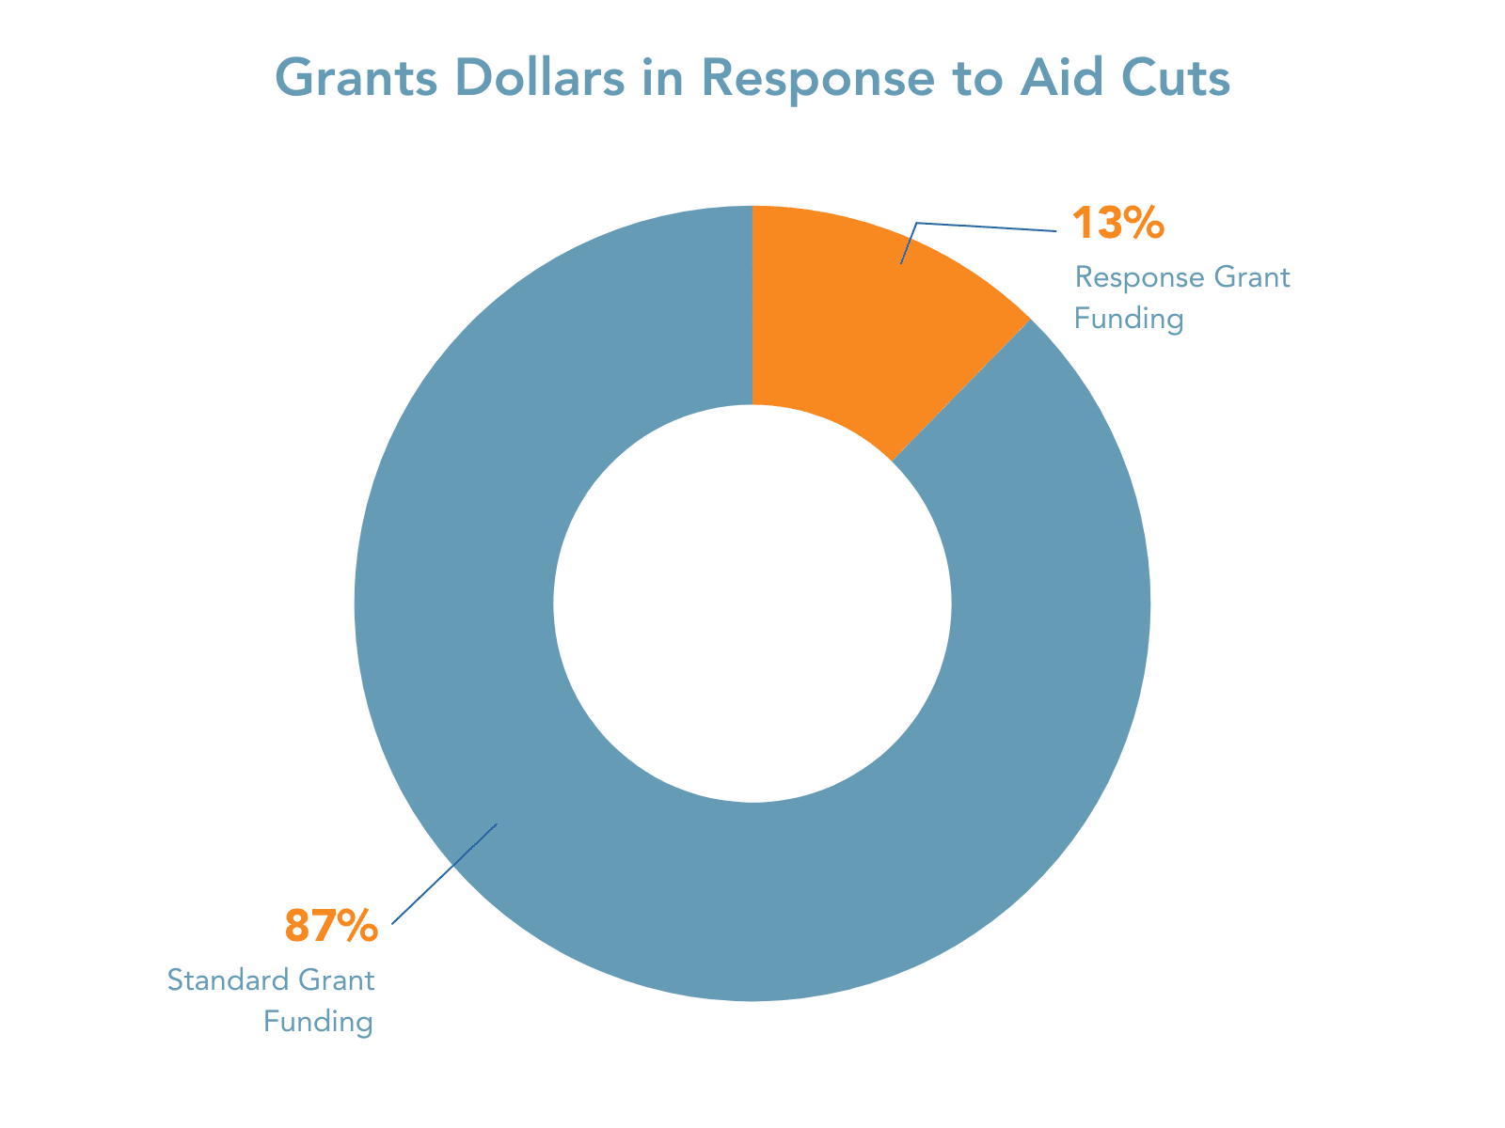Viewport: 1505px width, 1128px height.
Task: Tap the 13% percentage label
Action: [x=1118, y=224]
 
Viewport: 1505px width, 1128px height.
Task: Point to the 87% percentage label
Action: [x=331, y=926]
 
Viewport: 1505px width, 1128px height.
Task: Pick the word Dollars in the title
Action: [x=533, y=79]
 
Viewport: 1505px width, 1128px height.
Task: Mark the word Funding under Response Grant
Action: [x=1128, y=320]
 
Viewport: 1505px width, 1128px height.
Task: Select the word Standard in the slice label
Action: [x=227, y=980]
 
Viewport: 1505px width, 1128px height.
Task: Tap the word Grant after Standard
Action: [x=337, y=980]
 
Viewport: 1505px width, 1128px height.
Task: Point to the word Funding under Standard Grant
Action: [x=319, y=1022]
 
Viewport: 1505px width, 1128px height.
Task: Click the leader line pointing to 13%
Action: [x=988, y=227]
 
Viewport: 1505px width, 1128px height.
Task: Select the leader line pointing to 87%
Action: [x=442, y=875]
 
